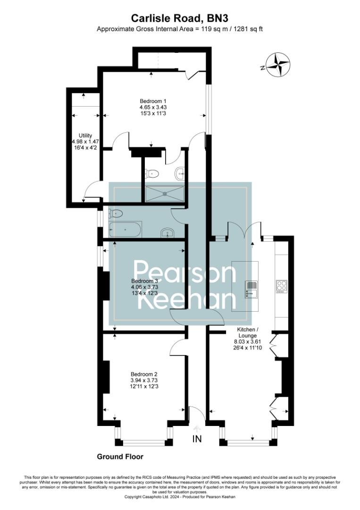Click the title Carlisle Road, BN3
click(180, 18)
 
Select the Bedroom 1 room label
click(153, 101)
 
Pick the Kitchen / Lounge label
click(247, 332)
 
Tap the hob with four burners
click(282, 286)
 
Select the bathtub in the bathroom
click(125, 229)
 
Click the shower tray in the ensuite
click(164, 193)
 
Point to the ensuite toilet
click(152, 173)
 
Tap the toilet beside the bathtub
click(115, 213)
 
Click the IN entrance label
click(197, 439)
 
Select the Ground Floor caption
click(120, 457)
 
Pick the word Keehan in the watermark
click(186, 300)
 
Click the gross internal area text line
click(180, 29)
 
